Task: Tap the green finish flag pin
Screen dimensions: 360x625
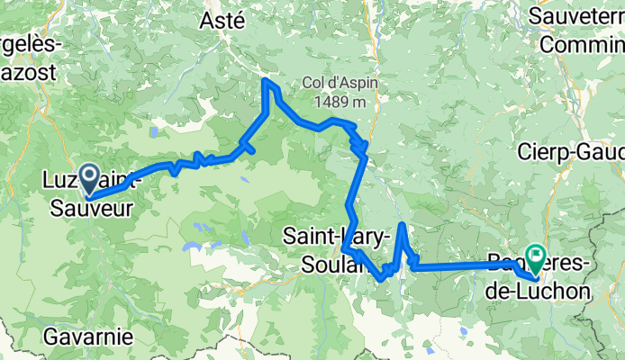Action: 534,258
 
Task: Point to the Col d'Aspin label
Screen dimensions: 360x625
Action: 340,83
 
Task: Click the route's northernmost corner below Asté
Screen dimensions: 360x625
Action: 266,81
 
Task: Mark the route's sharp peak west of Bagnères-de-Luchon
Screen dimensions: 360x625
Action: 401,224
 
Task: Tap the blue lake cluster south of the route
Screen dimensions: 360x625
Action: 191,246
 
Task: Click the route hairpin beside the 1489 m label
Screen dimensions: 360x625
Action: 362,144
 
